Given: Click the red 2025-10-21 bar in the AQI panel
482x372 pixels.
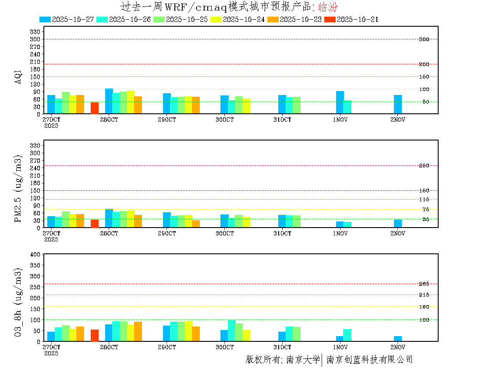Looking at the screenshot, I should (x=95, y=108).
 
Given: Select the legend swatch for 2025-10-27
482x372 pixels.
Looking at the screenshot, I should (x=45, y=19).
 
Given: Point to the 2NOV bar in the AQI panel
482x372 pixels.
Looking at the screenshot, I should (x=398, y=105).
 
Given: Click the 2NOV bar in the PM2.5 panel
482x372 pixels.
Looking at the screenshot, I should (x=398, y=224).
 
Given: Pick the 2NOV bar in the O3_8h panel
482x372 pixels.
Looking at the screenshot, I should (x=398, y=339).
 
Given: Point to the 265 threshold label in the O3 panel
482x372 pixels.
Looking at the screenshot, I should (x=424, y=284).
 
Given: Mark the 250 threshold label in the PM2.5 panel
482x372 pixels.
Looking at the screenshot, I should (x=424, y=165).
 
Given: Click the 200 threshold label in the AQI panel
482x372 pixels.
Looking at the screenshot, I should (x=424, y=64).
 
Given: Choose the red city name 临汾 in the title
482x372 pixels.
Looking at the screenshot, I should (x=328, y=7).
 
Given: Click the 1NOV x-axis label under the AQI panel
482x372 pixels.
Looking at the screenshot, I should (x=340, y=119).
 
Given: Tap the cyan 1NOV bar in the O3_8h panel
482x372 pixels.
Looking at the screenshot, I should (x=347, y=335).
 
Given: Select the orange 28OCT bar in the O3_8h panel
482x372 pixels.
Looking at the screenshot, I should (x=138, y=332).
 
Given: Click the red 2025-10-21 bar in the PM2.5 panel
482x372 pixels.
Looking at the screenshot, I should (x=95, y=224).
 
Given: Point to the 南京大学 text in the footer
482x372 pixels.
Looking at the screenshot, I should (x=303, y=360).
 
